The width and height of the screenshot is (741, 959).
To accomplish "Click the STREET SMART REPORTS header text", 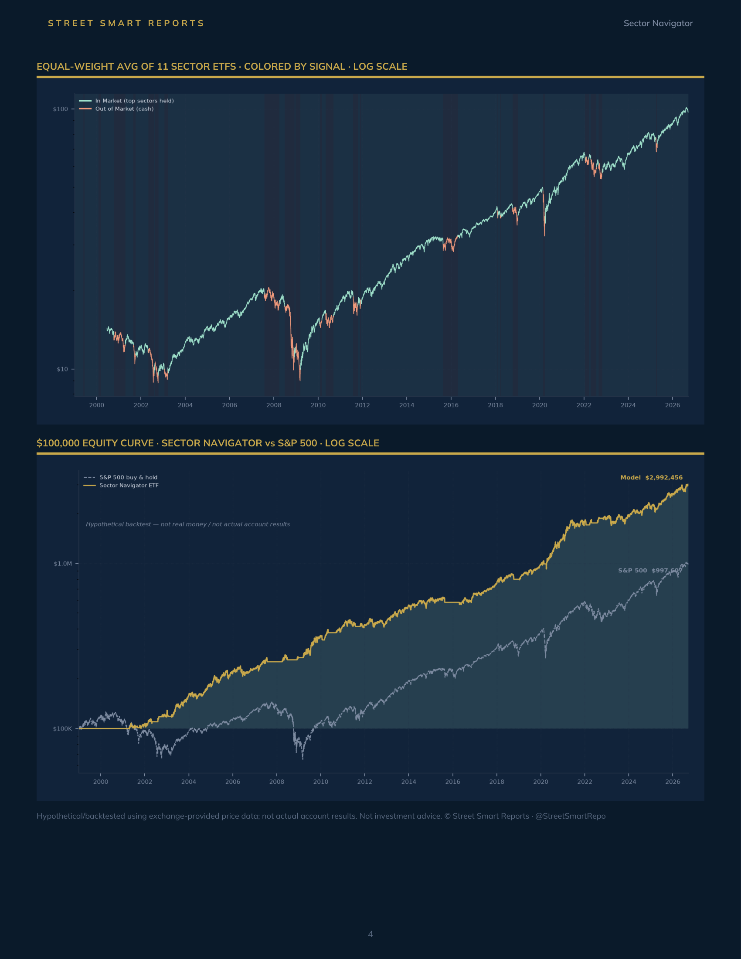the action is click(x=126, y=23).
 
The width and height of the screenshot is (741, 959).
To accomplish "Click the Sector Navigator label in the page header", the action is click(x=658, y=23).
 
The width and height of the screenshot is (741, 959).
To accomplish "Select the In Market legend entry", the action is click(x=126, y=101).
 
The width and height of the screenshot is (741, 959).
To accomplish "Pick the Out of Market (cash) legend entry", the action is click(x=116, y=109).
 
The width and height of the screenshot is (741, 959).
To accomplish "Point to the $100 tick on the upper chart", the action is click(x=61, y=109).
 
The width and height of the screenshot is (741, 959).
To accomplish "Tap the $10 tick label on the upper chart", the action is click(x=62, y=369).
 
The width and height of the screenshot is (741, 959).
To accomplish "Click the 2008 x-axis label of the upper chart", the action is click(x=274, y=405).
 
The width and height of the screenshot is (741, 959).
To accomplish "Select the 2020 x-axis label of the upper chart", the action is click(x=540, y=405).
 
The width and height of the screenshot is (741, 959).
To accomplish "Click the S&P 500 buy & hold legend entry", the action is click(x=121, y=477).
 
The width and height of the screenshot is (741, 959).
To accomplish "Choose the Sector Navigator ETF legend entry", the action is click(x=121, y=485).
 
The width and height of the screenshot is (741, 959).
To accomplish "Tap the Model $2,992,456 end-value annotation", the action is click(x=652, y=477).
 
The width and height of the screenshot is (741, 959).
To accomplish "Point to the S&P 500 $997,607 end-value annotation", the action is click(x=650, y=571).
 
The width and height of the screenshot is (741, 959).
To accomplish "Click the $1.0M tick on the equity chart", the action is click(x=63, y=563).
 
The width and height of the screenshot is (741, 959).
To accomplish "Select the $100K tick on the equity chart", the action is click(x=62, y=728).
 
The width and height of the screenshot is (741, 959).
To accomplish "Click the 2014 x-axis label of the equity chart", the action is click(x=409, y=782).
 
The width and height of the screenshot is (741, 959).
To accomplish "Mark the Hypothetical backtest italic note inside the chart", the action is click(x=188, y=524).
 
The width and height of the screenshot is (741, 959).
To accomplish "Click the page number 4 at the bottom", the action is click(x=370, y=934).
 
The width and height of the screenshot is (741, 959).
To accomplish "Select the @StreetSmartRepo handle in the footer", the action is click(x=570, y=816).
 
